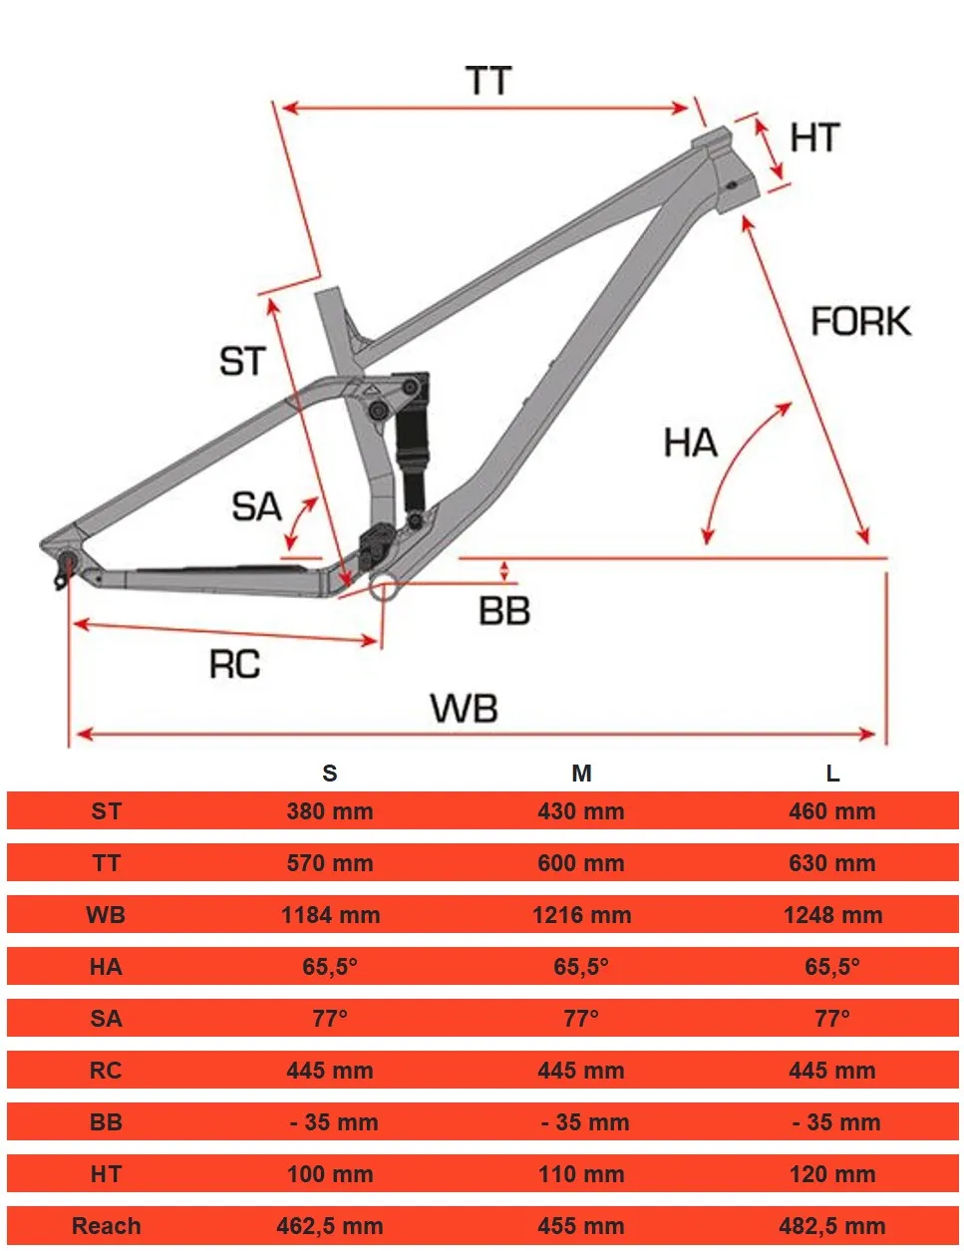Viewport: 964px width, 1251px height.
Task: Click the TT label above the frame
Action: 488,81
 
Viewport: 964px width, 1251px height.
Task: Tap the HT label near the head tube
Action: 814,138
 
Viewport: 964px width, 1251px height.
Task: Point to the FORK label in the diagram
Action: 860,321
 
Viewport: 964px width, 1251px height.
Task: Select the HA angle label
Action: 690,443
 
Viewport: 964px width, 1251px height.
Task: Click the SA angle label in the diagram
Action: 256,506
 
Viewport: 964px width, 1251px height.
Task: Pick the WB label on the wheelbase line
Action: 464,709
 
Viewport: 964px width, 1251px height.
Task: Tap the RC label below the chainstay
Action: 234,664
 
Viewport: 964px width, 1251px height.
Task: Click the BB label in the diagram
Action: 503,610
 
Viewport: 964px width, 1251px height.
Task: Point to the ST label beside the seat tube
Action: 242,361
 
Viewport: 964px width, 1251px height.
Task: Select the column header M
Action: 581,774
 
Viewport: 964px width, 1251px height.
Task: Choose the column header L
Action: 832,774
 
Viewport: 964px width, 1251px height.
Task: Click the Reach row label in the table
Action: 106,1226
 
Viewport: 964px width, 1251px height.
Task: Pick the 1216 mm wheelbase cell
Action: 581,915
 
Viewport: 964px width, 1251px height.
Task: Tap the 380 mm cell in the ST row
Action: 330,811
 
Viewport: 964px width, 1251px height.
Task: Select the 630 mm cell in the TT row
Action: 832,863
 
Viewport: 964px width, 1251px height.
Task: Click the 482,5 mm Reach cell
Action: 832,1226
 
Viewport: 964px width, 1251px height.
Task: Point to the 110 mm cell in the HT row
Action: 581,1174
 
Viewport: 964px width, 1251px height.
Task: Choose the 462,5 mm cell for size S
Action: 330,1226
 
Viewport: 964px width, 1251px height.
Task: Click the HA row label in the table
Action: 106,967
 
